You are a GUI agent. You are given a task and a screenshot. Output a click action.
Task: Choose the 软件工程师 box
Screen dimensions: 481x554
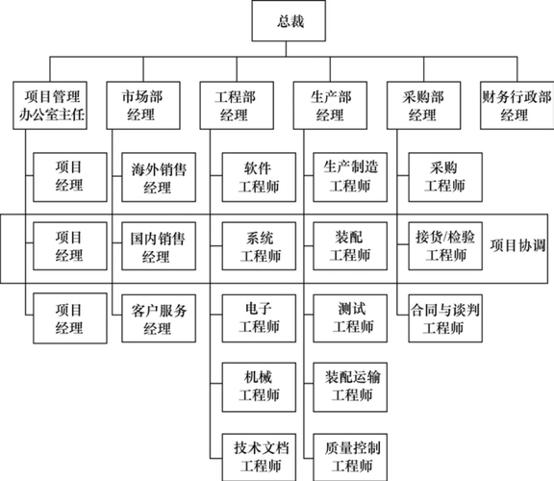coord(258,176)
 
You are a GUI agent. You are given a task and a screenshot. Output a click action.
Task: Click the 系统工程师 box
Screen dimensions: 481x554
coord(258,245)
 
